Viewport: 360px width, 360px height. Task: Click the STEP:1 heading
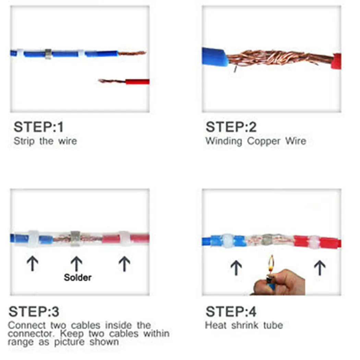[38, 127]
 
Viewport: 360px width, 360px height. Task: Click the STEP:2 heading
[231, 127]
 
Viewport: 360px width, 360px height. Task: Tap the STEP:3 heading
[34, 312]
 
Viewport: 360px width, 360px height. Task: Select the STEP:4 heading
[231, 312]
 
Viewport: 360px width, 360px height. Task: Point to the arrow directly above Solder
[76, 264]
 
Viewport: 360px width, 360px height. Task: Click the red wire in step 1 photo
[137, 82]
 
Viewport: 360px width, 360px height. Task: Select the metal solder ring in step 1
[48, 53]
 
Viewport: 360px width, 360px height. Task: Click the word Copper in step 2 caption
[264, 141]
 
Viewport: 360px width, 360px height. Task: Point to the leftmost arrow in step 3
[33, 264]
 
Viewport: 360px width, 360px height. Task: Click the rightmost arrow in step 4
[320, 267]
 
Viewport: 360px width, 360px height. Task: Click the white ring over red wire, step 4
[313, 242]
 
